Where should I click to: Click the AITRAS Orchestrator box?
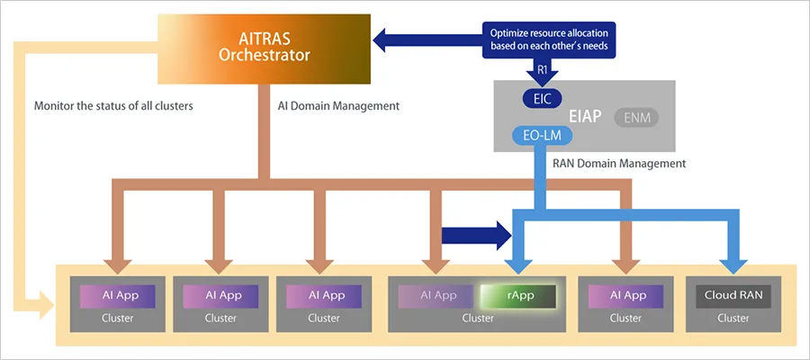(x=265, y=48)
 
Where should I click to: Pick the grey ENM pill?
(x=637, y=116)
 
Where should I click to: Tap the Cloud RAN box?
(x=733, y=295)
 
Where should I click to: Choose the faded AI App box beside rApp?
(x=438, y=295)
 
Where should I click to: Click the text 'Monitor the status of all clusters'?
(x=113, y=106)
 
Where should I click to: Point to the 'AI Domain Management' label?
(x=337, y=106)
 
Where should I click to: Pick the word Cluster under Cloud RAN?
(x=733, y=318)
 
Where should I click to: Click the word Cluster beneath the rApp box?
(x=478, y=318)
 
